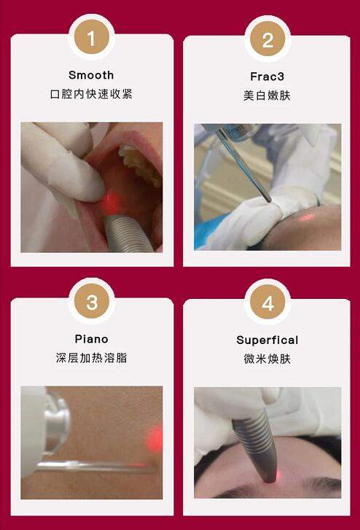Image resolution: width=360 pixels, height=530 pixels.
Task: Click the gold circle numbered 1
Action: point(91,39)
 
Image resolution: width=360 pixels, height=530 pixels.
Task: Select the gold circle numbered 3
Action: point(91,303)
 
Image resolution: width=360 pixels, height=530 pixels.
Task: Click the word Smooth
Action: point(91,75)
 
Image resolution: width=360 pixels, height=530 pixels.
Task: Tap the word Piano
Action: point(91,339)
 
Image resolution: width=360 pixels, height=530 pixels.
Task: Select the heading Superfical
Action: point(267,340)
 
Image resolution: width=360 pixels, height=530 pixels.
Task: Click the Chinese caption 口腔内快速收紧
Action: point(91,94)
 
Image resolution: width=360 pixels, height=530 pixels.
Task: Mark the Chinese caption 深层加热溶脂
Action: point(91,358)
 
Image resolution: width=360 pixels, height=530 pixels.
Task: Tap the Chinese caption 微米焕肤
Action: point(267,359)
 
